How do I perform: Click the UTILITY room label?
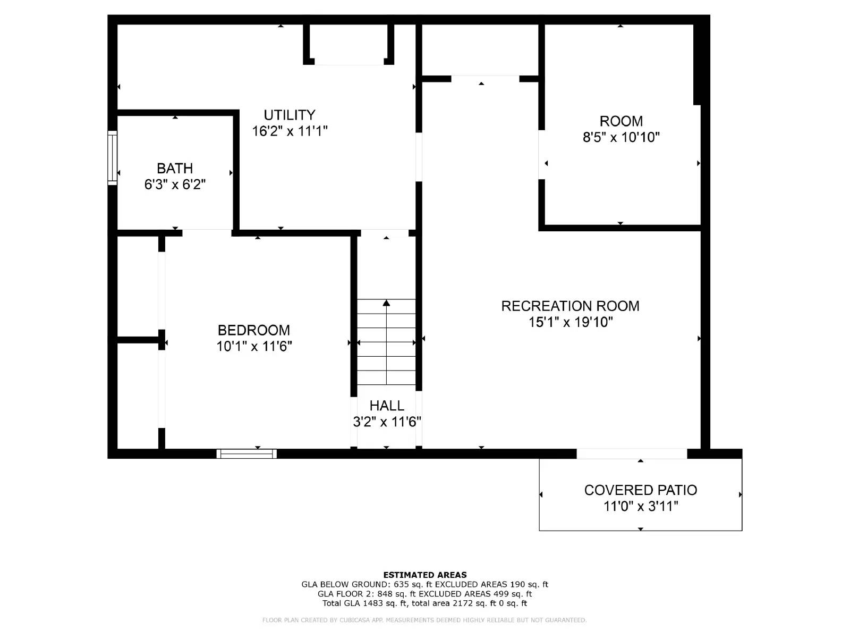(x=290, y=115)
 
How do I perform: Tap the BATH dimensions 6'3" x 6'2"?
(x=175, y=184)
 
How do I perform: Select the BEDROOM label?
(x=254, y=330)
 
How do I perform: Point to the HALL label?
(x=387, y=406)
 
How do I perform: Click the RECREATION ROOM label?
(x=570, y=306)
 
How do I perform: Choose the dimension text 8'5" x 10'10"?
(x=621, y=137)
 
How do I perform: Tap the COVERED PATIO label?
(x=640, y=490)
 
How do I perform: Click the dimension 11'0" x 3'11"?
(x=640, y=506)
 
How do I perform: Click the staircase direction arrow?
(x=387, y=303)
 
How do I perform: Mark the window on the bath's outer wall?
(x=112, y=158)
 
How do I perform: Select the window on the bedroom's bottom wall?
(x=246, y=454)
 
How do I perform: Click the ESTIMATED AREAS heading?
(x=424, y=575)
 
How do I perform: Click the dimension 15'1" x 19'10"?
(x=570, y=322)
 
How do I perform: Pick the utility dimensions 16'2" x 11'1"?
(x=290, y=131)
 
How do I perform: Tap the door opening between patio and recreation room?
(x=632, y=454)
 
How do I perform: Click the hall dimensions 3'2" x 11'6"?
(x=387, y=422)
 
